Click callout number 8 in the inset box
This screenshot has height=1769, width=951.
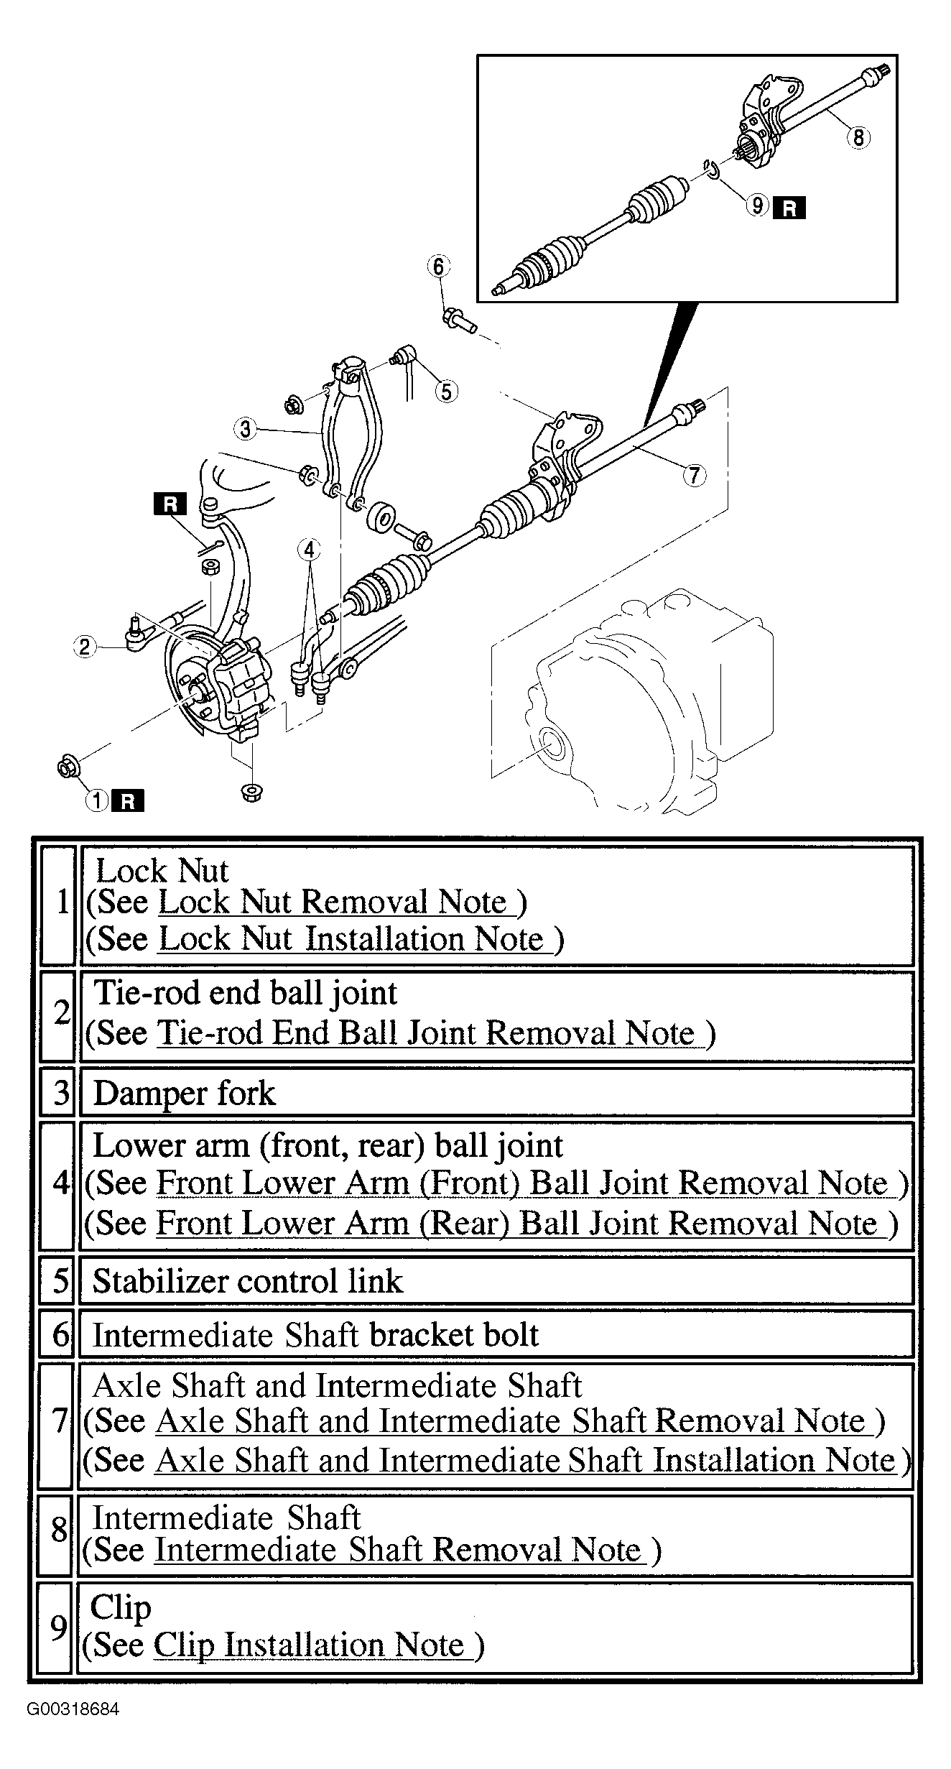(x=858, y=137)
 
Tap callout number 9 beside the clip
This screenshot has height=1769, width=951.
(x=757, y=206)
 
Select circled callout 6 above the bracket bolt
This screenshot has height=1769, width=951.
(x=438, y=267)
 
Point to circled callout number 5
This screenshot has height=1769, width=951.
(x=446, y=392)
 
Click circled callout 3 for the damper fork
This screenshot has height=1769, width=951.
(x=245, y=429)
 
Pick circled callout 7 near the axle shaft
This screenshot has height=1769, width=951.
(x=694, y=475)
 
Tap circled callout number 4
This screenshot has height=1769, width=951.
(x=309, y=550)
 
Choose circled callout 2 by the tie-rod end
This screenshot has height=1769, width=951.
(x=85, y=647)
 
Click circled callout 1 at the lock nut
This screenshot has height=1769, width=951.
(x=96, y=800)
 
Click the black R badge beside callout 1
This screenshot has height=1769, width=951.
(x=128, y=800)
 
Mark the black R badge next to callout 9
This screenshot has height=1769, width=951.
(x=789, y=208)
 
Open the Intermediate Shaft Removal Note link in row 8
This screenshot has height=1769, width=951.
(x=398, y=1550)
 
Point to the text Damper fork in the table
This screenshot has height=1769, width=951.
(x=185, y=1094)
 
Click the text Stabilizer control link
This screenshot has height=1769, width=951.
(x=249, y=1281)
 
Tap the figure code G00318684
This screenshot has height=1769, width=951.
(x=73, y=1709)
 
